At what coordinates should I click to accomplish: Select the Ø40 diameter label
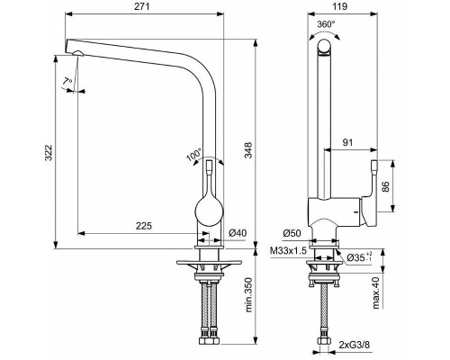coord(237,234)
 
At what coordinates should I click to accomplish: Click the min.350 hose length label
coord(247,293)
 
